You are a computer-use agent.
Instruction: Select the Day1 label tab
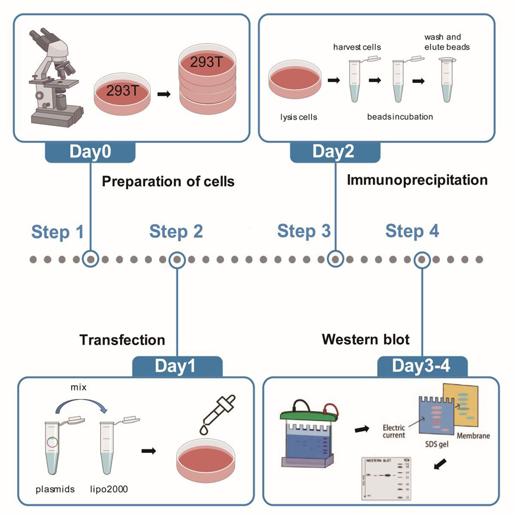point(177,367)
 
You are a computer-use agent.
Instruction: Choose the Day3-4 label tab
point(422,367)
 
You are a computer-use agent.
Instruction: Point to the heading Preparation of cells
point(168,182)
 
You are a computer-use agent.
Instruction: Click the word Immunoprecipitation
point(417,180)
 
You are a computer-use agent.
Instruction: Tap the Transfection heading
point(123,340)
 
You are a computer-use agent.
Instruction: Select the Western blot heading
point(366,340)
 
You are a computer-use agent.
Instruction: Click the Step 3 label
point(304,231)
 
